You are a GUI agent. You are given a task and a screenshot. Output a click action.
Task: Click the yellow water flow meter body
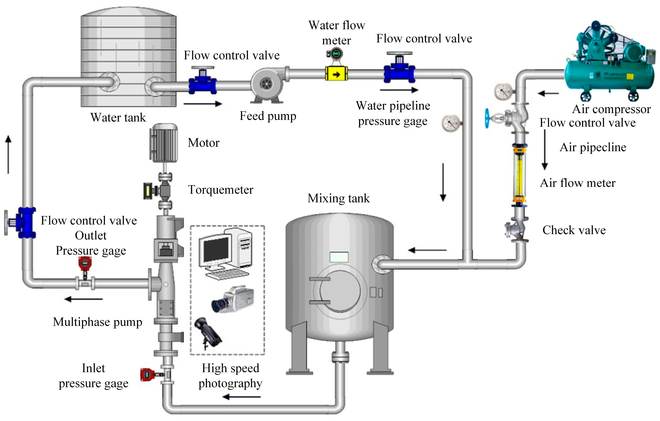pyautogui.click(x=336, y=74)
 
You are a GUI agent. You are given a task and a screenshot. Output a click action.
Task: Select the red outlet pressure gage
pyautogui.click(x=85, y=264)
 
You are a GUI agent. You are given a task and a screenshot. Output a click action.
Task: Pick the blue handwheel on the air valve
pyautogui.click(x=487, y=118)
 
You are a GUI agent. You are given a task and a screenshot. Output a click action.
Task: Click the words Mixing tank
pyautogui.click(x=339, y=198)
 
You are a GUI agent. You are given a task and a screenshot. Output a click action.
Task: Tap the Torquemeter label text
pyautogui.click(x=220, y=190)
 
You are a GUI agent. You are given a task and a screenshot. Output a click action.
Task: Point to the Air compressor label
pyautogui.click(x=611, y=109)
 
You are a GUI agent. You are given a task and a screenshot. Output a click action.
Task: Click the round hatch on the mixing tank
pyautogui.click(x=340, y=291)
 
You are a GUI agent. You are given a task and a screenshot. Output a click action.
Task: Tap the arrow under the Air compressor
pyautogui.click(x=548, y=94)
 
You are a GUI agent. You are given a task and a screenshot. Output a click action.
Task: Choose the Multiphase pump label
pyautogui.click(x=97, y=322)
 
